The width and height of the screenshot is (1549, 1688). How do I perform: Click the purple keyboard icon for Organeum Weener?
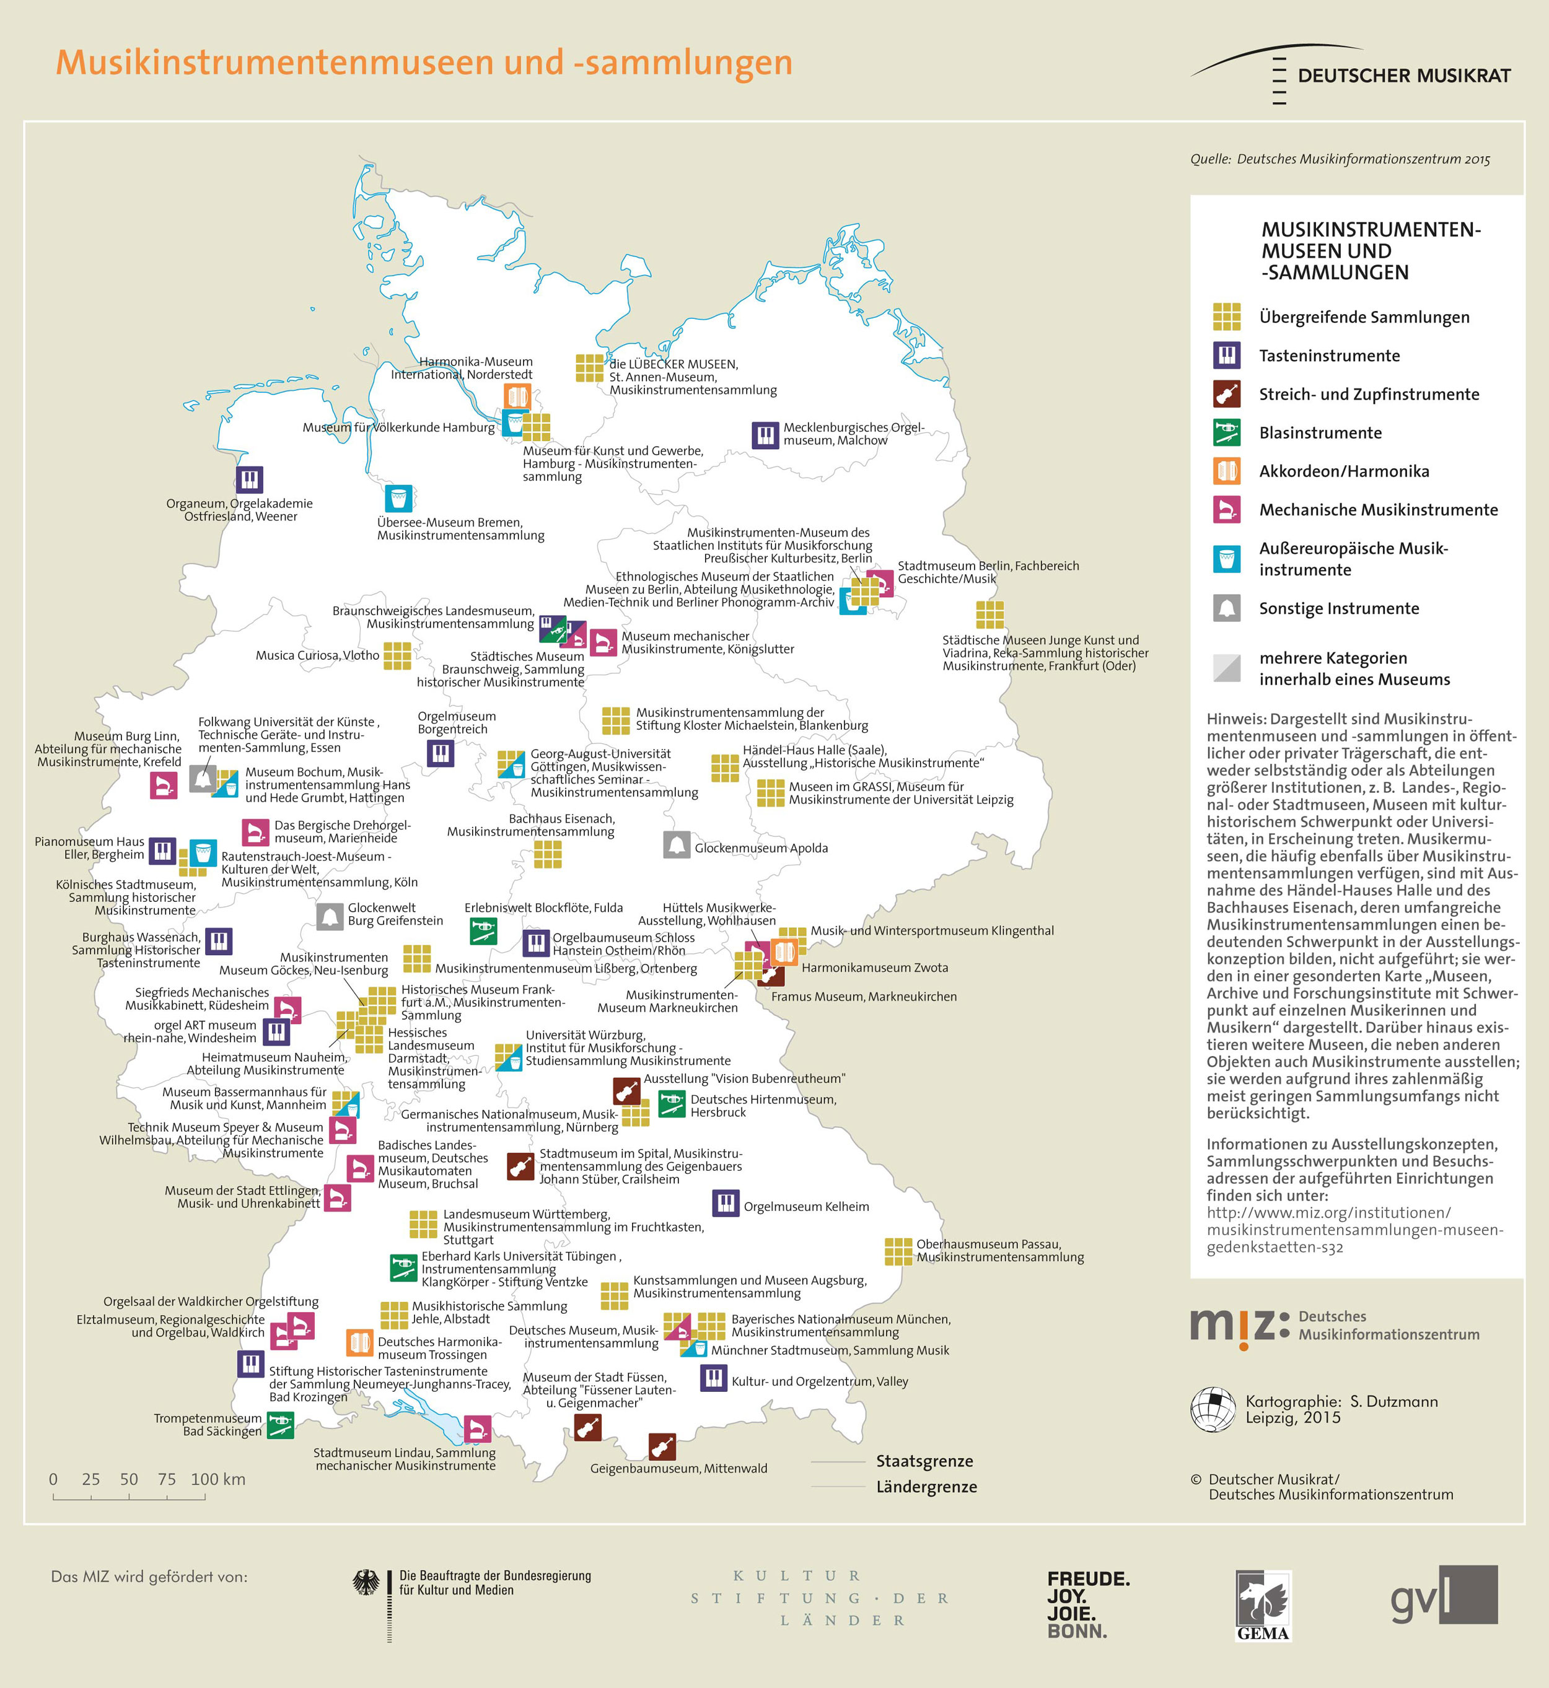click(249, 479)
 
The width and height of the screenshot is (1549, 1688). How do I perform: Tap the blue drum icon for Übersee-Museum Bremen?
click(399, 498)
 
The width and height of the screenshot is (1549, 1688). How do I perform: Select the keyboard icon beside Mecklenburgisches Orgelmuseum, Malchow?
click(765, 435)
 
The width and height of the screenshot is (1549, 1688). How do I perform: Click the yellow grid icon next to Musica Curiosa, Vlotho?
click(397, 656)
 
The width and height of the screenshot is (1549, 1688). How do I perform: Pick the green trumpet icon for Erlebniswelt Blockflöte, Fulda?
click(483, 930)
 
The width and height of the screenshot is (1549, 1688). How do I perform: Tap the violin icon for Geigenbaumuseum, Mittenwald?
click(662, 1446)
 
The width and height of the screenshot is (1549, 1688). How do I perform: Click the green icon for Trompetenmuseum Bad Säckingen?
click(280, 1425)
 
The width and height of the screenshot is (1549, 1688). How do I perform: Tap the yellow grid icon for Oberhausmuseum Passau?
click(898, 1251)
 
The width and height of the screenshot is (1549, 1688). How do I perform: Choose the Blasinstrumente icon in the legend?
click(1226, 432)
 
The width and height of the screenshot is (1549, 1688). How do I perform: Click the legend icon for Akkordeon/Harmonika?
click(1226, 471)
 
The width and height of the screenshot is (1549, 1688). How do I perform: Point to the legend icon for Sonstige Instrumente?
click(1226, 608)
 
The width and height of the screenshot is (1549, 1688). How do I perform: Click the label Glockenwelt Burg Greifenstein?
click(395, 914)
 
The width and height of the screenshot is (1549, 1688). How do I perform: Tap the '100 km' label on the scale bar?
click(218, 1479)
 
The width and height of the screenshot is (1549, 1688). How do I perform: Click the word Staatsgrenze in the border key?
click(924, 1461)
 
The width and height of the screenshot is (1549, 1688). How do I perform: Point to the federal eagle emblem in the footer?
click(366, 1583)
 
